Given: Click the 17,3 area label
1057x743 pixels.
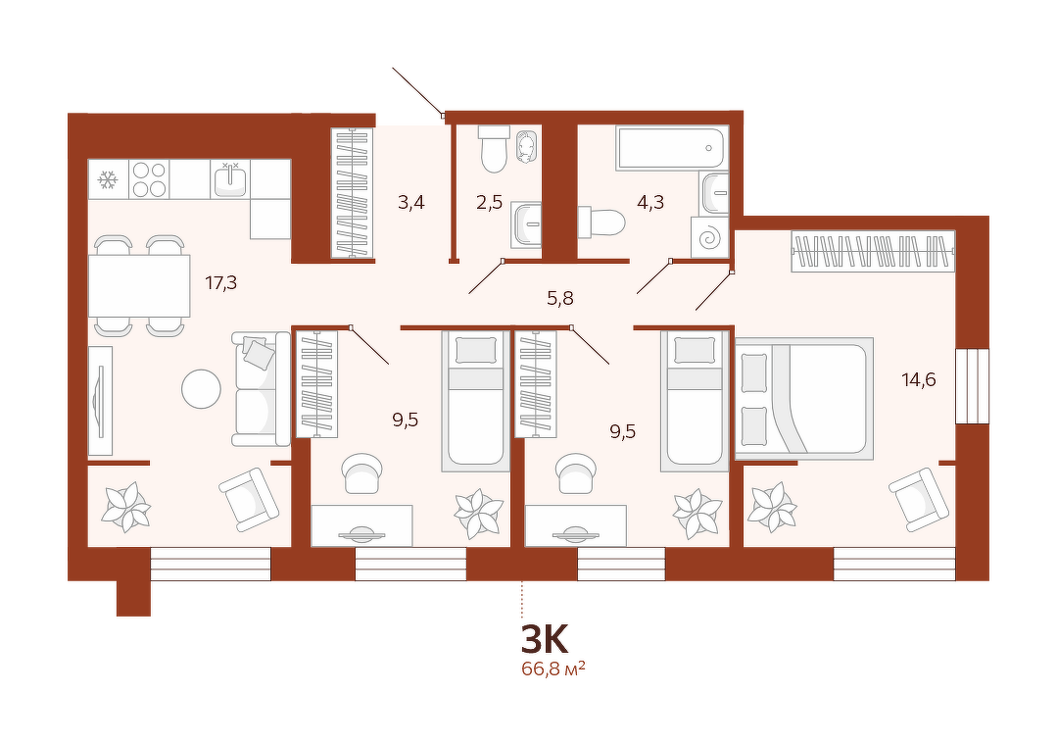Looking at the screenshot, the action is pos(221,283).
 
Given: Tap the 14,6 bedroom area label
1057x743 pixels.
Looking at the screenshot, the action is pos(919,379).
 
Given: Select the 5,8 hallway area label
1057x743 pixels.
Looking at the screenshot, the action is pos(560,297).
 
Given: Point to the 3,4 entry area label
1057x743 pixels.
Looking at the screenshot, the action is pos(411,202).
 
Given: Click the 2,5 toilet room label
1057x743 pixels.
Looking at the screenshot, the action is pos(490,202).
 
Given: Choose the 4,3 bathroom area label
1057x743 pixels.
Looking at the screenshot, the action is pos(650,202).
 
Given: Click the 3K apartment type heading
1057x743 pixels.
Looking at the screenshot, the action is pos(546,640).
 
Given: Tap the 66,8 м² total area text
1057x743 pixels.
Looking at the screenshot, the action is pos(553,669).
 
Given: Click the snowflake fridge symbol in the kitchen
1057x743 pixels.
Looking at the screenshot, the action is pos(108,179).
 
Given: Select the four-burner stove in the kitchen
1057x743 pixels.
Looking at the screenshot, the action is pos(149,179).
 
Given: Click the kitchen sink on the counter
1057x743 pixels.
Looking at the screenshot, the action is pos(230,179).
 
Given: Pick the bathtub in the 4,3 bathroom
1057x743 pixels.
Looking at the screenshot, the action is pos(670,149).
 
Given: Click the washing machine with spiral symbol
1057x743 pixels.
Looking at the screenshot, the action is pos(710,237).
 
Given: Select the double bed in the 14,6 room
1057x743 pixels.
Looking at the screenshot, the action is pos(804,399).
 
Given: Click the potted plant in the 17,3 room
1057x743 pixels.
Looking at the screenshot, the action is pos(125,507).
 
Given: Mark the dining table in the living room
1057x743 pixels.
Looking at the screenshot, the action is pos(139,286).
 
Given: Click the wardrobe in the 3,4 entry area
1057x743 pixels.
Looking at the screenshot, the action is pos(352,193).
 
